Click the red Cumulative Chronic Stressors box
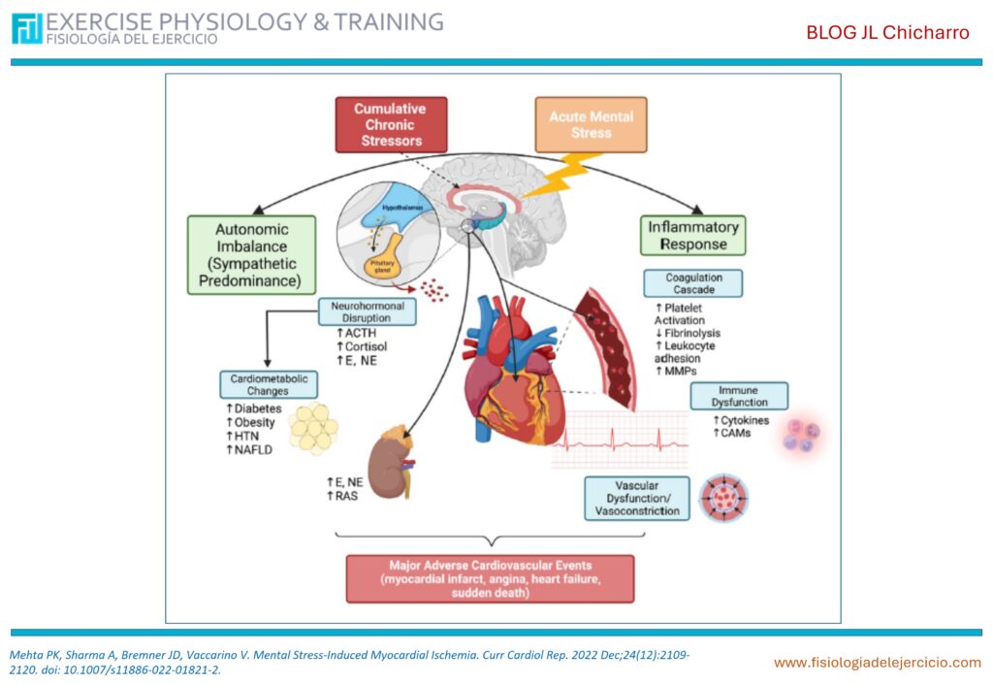tap(392, 124)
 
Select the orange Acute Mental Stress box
tap(591, 124)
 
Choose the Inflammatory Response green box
tap(692, 235)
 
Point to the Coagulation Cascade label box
tap(693, 283)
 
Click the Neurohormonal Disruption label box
tap(368, 312)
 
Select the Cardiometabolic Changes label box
tap(267, 384)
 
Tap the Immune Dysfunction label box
tap(739, 396)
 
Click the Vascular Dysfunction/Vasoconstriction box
tap(637, 498)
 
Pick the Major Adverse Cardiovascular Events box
tap(490, 578)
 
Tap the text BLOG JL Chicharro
tap(887, 33)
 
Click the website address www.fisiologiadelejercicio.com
tap(877, 663)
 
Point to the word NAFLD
tap(251, 450)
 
